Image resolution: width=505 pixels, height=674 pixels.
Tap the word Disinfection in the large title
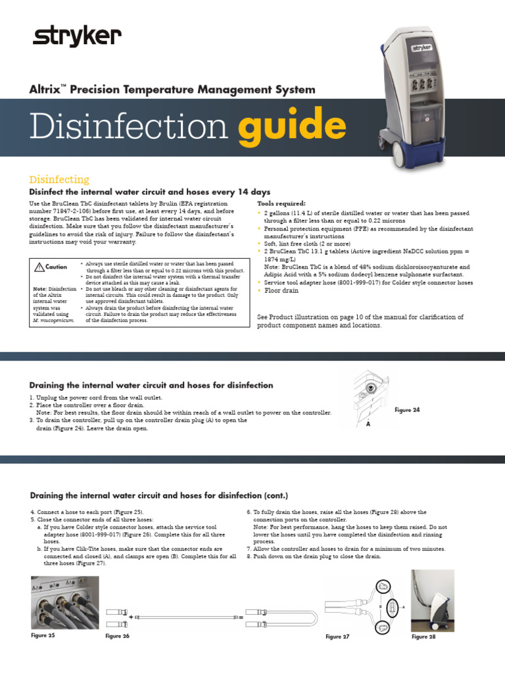[x=130, y=127]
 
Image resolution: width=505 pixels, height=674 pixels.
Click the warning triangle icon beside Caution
[x=39, y=267]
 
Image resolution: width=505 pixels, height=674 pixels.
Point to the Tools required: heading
[x=281, y=203]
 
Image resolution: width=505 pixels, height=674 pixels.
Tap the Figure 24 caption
[x=407, y=410]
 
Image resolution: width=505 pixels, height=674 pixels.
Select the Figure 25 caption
[x=43, y=635]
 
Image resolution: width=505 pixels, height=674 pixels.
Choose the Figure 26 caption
[x=118, y=636]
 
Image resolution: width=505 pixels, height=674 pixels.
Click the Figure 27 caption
[x=337, y=636]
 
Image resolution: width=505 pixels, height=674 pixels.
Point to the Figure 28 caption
[x=423, y=636]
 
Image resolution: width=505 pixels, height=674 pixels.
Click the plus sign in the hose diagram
[x=132, y=617]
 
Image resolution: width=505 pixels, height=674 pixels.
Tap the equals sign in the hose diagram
[x=241, y=617]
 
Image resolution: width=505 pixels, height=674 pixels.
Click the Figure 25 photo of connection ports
[x=64, y=602]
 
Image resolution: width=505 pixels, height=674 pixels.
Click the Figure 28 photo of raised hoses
[x=432, y=600]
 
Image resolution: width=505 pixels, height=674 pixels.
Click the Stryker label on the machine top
[x=421, y=47]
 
